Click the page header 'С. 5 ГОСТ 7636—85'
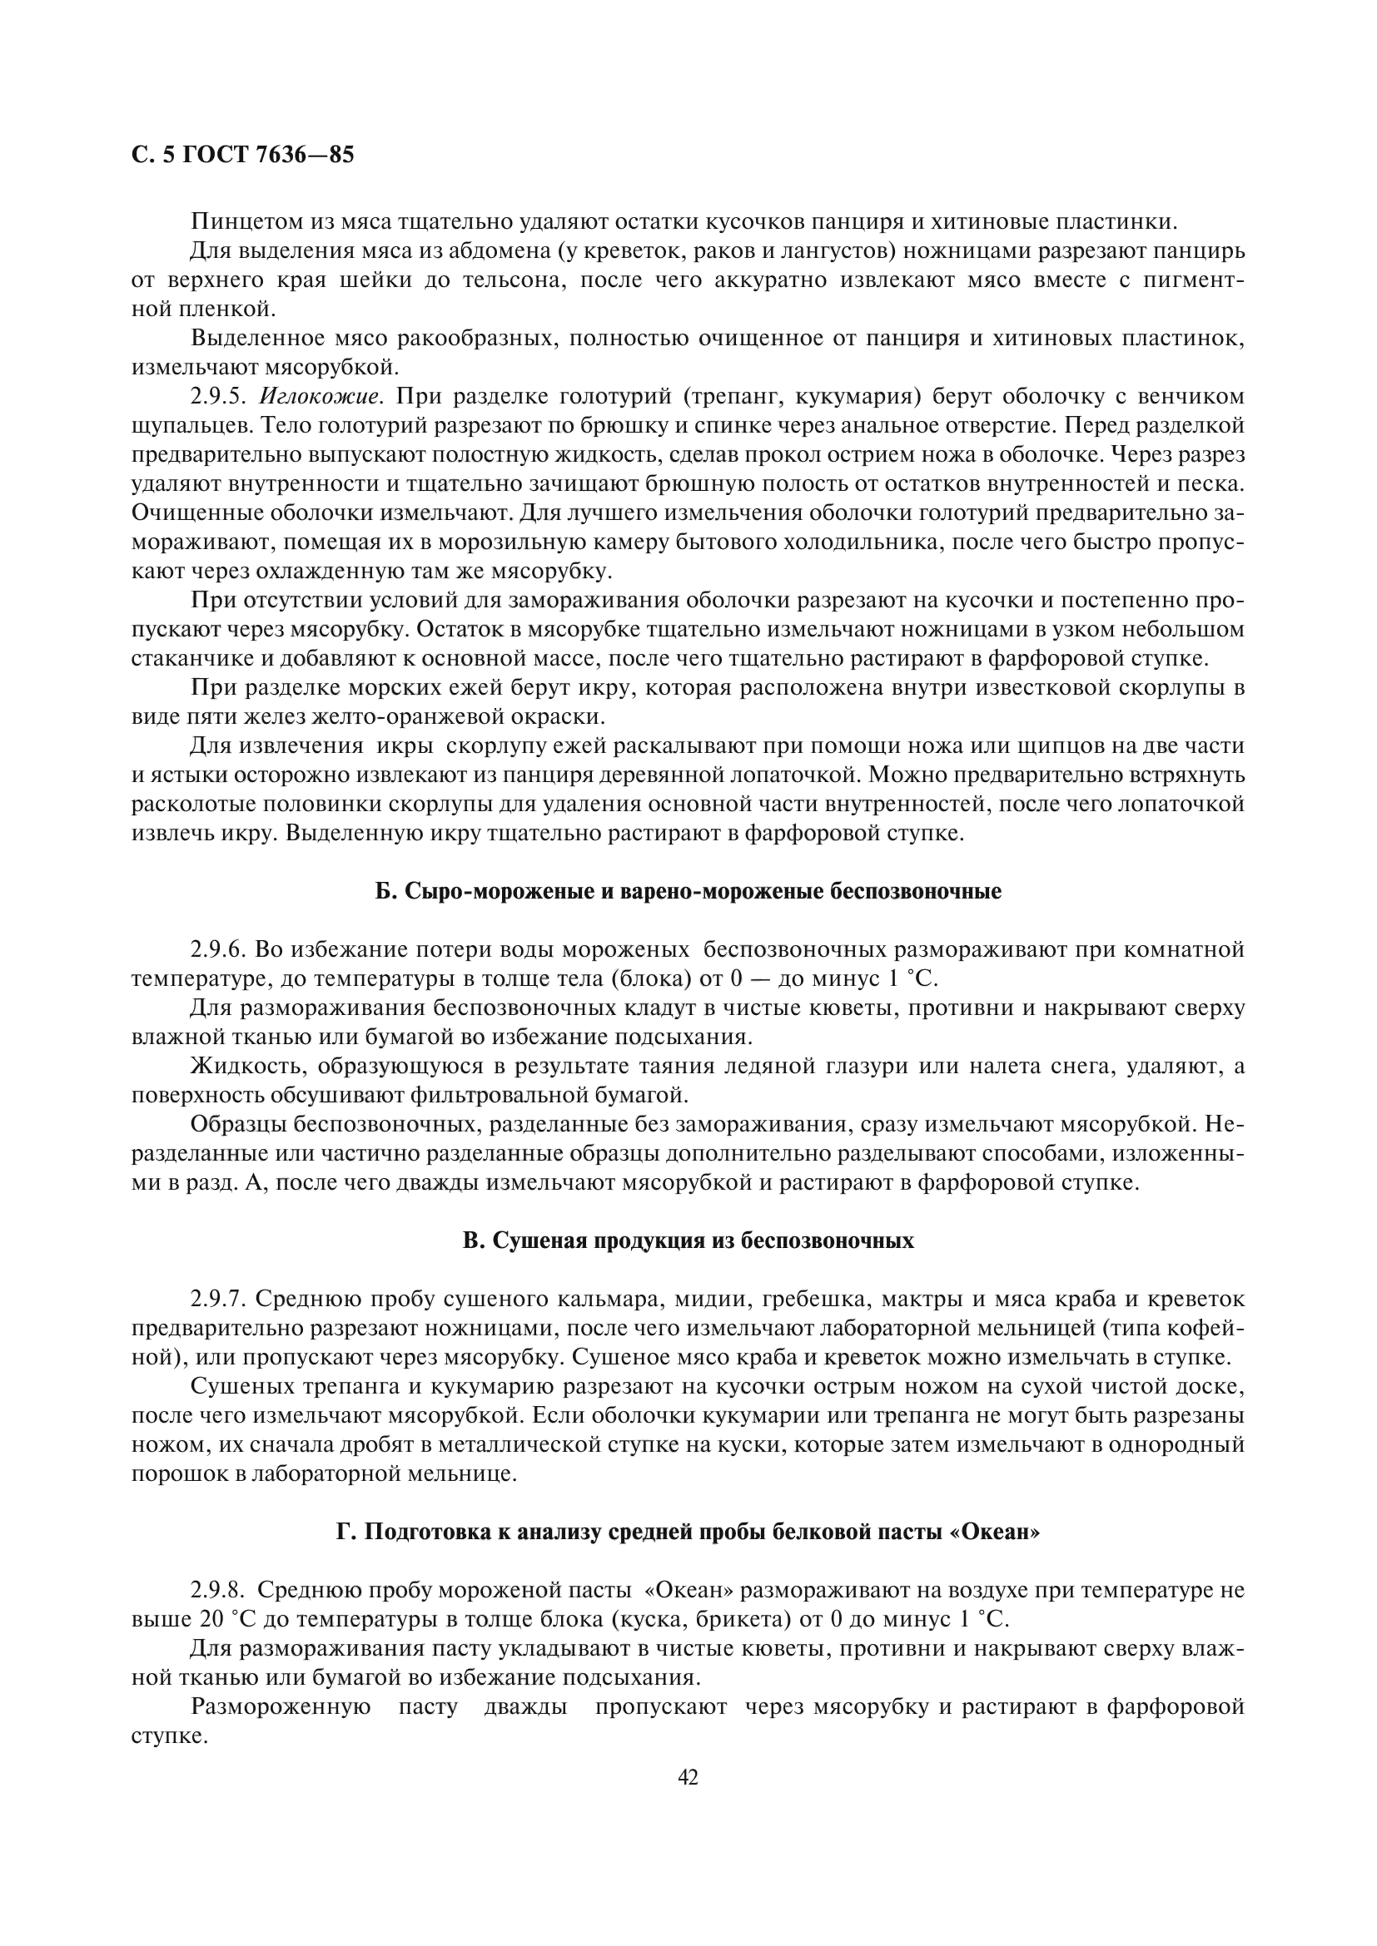click(x=242, y=155)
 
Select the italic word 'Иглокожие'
click(x=321, y=397)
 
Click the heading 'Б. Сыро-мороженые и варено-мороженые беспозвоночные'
click(x=688, y=892)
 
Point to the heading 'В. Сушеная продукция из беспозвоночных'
click(x=688, y=1240)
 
